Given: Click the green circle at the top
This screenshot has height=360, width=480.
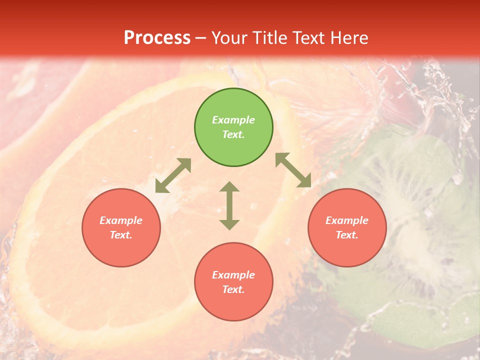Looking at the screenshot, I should (x=233, y=127).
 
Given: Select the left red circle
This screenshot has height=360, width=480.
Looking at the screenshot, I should (x=121, y=227).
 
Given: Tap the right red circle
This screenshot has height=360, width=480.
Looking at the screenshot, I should (x=347, y=227).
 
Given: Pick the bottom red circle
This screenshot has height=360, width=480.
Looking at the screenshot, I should (x=233, y=282).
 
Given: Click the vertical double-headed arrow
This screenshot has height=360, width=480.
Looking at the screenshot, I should (x=229, y=205).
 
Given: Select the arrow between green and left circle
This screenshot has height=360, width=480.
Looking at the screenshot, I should (x=173, y=175).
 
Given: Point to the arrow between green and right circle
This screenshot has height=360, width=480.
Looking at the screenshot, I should (x=293, y=170).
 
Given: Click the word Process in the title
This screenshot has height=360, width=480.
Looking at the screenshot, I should (x=157, y=38).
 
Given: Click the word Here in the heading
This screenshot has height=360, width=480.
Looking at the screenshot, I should (x=349, y=38).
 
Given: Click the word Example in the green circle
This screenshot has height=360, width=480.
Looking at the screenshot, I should (x=233, y=120).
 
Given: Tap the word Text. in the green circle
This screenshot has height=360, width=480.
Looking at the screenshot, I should (x=233, y=134).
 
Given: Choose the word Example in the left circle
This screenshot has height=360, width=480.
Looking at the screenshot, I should (x=121, y=220).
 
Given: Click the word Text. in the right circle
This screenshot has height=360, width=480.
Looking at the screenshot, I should (x=347, y=235).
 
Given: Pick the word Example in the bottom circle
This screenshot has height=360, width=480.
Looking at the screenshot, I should (x=233, y=275).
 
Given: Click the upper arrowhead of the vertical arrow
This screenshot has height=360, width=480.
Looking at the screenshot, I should (x=229, y=187).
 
